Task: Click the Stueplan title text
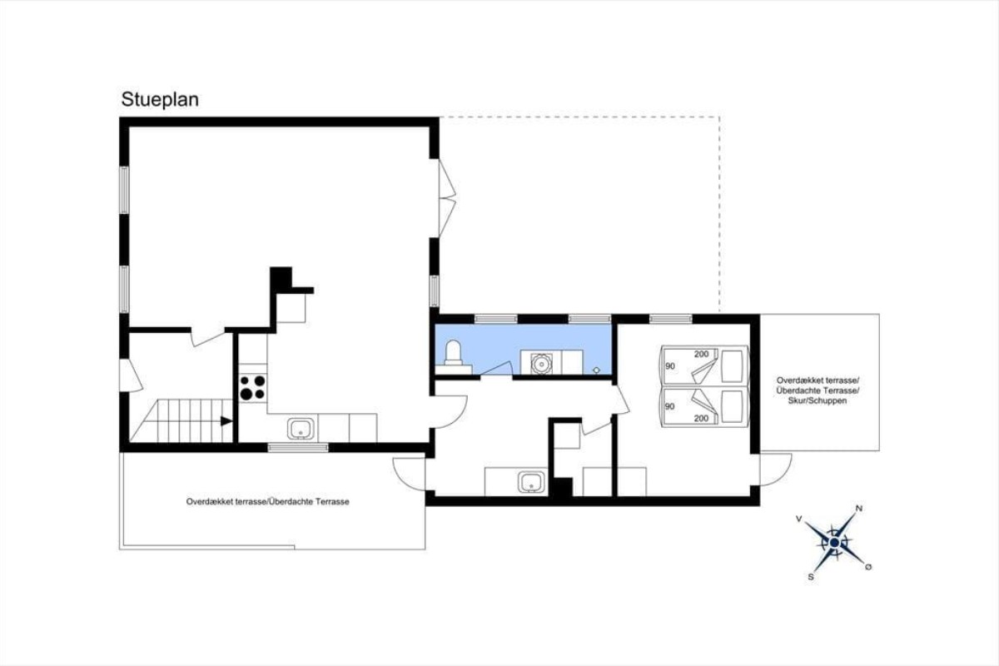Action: [x=160, y=100]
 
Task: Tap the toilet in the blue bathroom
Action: [x=453, y=357]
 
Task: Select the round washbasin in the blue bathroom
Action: [x=541, y=364]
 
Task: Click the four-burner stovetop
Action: [x=252, y=388]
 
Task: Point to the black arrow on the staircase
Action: [x=226, y=420]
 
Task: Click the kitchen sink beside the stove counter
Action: [x=301, y=428]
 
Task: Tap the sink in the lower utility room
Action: [x=531, y=482]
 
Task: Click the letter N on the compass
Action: [x=859, y=508]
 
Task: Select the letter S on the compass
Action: [x=810, y=577]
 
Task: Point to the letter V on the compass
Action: [x=798, y=519]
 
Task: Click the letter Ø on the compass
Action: [x=868, y=567]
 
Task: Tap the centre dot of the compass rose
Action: [x=834, y=543]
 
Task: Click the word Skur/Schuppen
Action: [x=818, y=400]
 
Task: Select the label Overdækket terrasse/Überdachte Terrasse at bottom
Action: [x=267, y=501]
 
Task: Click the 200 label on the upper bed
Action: [x=701, y=354]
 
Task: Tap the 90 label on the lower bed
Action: [x=669, y=406]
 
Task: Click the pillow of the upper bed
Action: [x=732, y=366]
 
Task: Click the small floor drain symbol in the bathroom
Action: [x=596, y=370]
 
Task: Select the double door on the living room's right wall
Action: [x=446, y=198]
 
